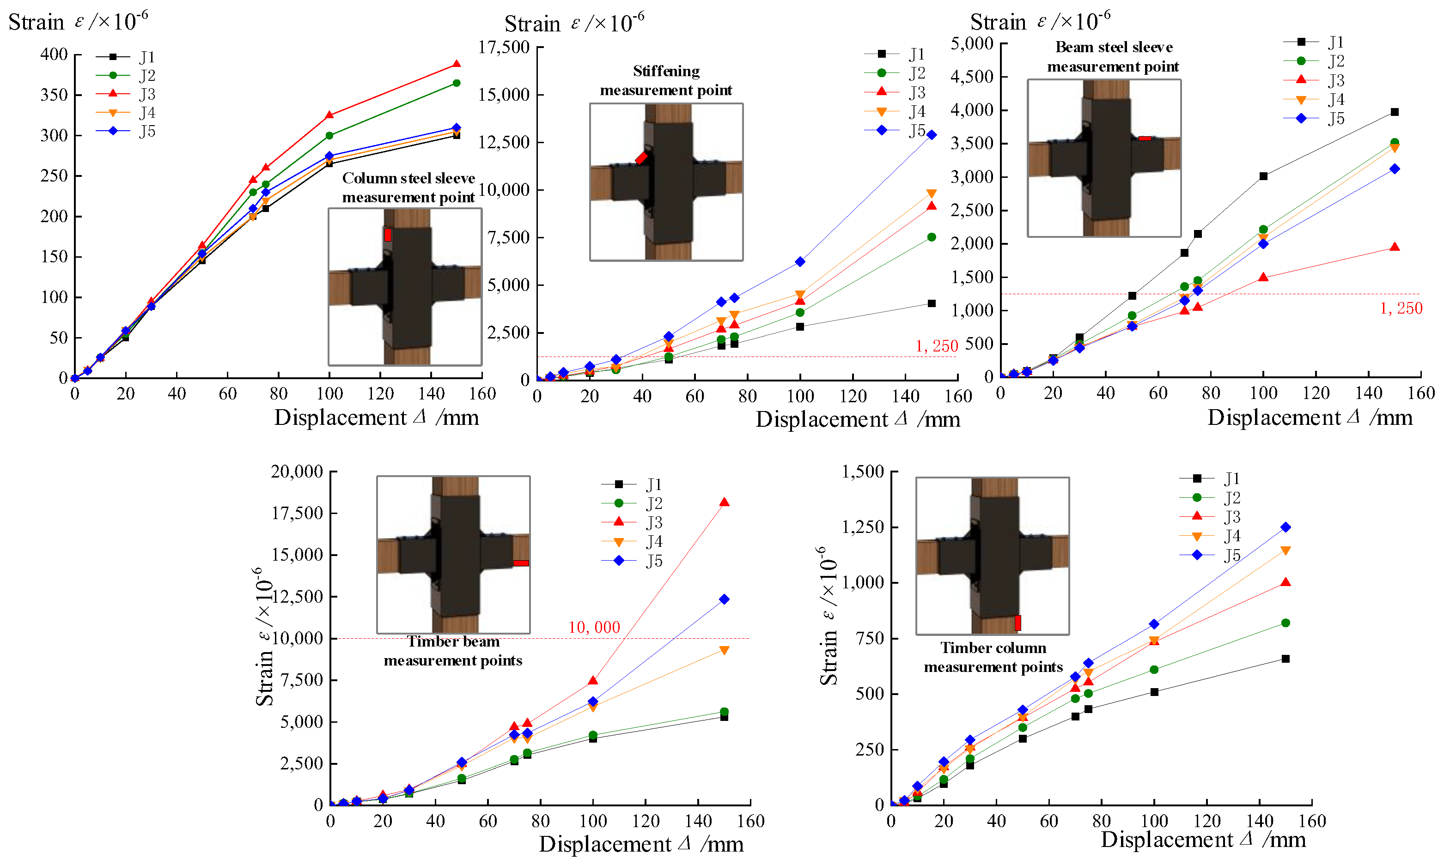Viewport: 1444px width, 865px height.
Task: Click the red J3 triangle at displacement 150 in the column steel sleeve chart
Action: tap(456, 64)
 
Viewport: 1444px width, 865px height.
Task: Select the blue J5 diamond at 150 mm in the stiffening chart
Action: tap(932, 135)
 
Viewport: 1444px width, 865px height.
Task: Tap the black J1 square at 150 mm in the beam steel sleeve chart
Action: tap(1395, 112)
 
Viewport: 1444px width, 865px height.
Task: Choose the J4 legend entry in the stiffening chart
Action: tap(895, 111)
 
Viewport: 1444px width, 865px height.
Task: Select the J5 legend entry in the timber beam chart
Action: tap(632, 561)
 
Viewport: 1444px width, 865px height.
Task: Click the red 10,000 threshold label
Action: tap(594, 627)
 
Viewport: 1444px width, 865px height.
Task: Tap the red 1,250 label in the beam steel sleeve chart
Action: tap(1401, 308)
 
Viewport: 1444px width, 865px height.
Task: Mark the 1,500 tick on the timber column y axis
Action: tap(863, 471)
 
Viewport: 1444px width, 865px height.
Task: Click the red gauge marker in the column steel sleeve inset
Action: tap(388, 235)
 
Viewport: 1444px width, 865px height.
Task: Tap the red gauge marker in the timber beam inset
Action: tap(521, 563)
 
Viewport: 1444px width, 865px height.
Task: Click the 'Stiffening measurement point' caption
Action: tap(666, 80)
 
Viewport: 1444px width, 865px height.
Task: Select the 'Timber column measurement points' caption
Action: tap(993, 657)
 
